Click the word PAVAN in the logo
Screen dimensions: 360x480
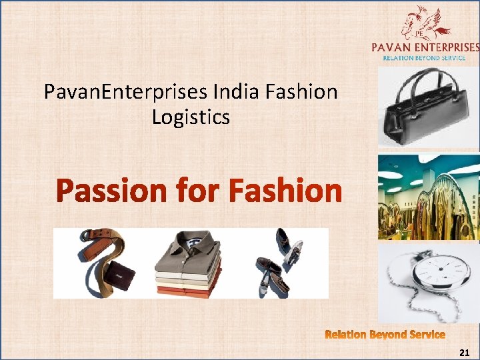click(394, 47)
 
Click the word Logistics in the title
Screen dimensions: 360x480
click(191, 117)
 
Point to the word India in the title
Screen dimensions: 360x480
click(250, 91)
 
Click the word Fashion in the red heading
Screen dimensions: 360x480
click(285, 192)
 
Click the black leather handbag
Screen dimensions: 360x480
click(425, 113)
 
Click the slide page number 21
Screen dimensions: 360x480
click(465, 351)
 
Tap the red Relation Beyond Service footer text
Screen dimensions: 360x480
click(385, 334)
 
